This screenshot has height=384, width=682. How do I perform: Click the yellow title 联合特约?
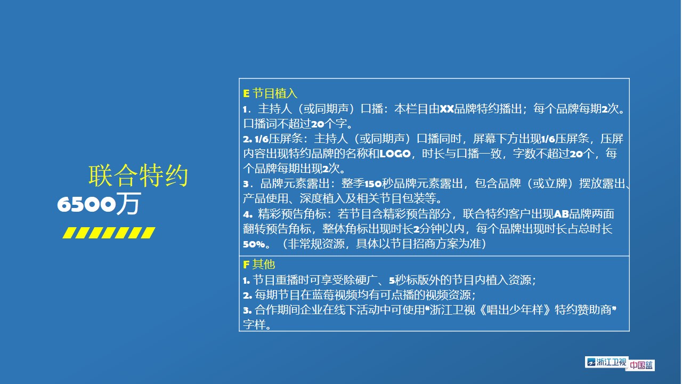[x=138, y=175]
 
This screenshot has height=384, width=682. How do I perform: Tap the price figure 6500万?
[x=99, y=204]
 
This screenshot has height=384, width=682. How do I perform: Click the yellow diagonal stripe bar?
[x=109, y=233]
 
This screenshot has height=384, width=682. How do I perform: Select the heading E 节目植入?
[x=270, y=93]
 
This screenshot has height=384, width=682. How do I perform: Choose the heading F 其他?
[x=259, y=264]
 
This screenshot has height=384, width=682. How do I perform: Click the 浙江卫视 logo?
[x=606, y=362]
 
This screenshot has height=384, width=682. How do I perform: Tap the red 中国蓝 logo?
[x=641, y=365]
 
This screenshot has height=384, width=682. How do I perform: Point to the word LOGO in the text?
[x=395, y=154]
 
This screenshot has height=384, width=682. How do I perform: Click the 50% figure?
[x=254, y=244]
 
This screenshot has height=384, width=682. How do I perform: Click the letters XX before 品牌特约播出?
[x=446, y=109]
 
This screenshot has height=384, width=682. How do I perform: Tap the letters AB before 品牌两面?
[x=561, y=214]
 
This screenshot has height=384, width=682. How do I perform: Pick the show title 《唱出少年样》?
[x=515, y=310]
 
